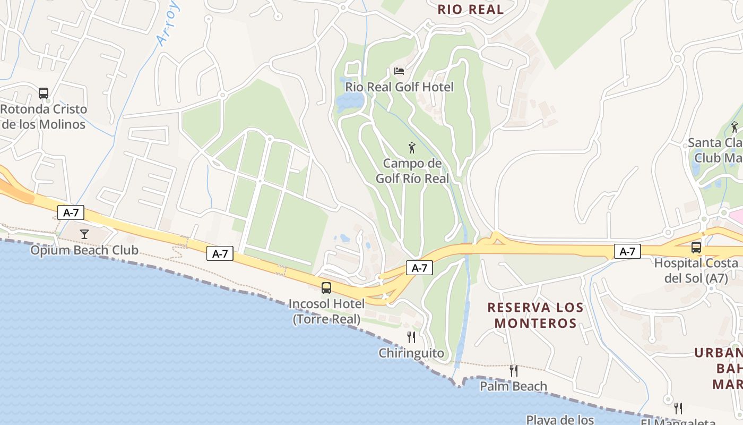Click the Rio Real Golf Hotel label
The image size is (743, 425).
click(399, 87)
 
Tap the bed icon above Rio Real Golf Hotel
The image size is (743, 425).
click(399, 71)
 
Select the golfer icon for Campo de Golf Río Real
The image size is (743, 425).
click(412, 148)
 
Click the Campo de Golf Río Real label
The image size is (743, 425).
click(412, 171)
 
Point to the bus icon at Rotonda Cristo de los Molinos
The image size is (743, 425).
click(44, 93)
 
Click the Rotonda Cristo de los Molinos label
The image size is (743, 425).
click(44, 117)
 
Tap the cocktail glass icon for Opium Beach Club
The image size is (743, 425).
click(84, 234)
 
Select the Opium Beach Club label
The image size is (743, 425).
click(84, 250)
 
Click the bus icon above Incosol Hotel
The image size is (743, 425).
click(326, 288)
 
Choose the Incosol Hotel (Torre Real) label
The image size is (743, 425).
click(326, 311)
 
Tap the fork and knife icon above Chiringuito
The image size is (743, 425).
click(411, 337)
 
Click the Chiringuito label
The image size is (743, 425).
click(411, 353)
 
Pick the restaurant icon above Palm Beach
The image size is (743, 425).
click(513, 370)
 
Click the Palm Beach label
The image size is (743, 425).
click(513, 386)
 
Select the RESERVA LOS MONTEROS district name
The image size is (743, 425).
click(535, 315)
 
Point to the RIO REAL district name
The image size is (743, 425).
click(470, 9)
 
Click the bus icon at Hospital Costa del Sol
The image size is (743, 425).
click(696, 247)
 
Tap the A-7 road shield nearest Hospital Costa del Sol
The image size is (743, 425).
click(627, 251)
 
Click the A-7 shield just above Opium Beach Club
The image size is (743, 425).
click(71, 212)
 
